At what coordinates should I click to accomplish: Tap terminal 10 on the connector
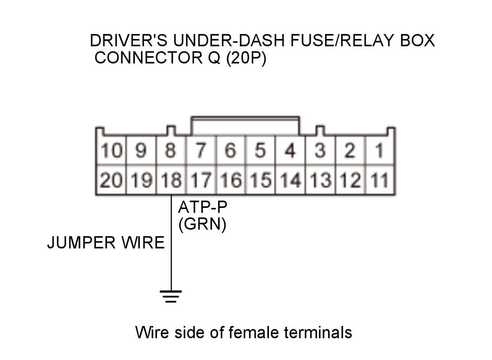pos(111,150)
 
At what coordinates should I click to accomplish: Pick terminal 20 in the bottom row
pos(111,180)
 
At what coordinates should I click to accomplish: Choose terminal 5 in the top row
pos(260,150)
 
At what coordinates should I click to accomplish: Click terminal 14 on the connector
pos(290,180)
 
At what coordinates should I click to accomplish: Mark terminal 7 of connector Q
pos(201,150)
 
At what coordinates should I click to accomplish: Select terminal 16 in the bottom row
pos(231,180)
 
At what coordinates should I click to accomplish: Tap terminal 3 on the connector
pos(320,150)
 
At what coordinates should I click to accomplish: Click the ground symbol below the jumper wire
pos(171,296)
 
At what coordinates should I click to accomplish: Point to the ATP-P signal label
pos(203,207)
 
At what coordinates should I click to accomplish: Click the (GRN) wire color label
pos(202,224)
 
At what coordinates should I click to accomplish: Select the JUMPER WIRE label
pos(106,243)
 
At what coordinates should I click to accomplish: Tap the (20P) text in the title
pos(246,58)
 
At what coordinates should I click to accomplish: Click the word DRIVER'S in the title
pos(129,41)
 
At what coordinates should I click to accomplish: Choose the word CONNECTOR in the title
pos(148,58)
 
